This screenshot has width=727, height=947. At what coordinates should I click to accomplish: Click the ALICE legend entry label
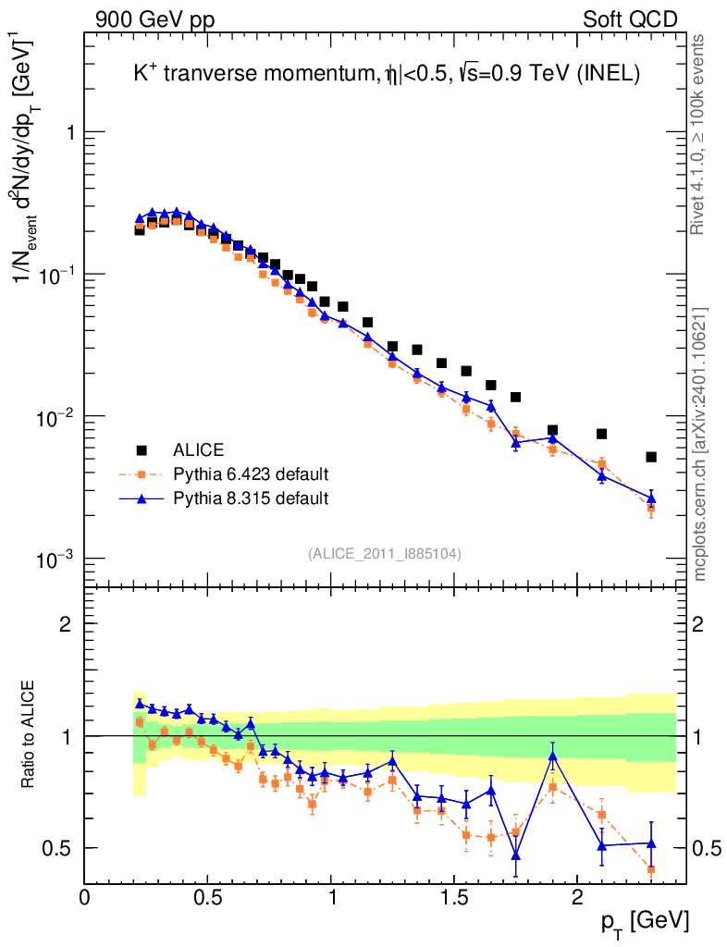coord(198,450)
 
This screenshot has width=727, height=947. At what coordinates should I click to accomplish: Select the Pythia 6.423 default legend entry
coord(251,474)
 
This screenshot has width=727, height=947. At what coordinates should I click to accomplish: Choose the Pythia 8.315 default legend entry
coord(251,498)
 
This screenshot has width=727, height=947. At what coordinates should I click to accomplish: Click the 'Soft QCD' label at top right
coord(630,18)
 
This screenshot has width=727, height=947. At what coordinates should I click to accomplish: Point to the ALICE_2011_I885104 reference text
coord(385,553)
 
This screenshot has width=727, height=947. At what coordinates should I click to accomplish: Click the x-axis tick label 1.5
coord(453,897)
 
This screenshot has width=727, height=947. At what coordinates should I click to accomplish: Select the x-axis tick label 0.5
coord(207,897)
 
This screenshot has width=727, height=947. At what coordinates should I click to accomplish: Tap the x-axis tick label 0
coord(85,897)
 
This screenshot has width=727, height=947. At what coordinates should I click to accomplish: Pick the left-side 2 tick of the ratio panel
coord(65,623)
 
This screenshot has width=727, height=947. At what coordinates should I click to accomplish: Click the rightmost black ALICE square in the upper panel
coord(651,457)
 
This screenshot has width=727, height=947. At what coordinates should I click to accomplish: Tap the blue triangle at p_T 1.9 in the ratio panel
coord(552,756)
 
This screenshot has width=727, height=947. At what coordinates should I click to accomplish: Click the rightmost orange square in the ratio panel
coord(651,869)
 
